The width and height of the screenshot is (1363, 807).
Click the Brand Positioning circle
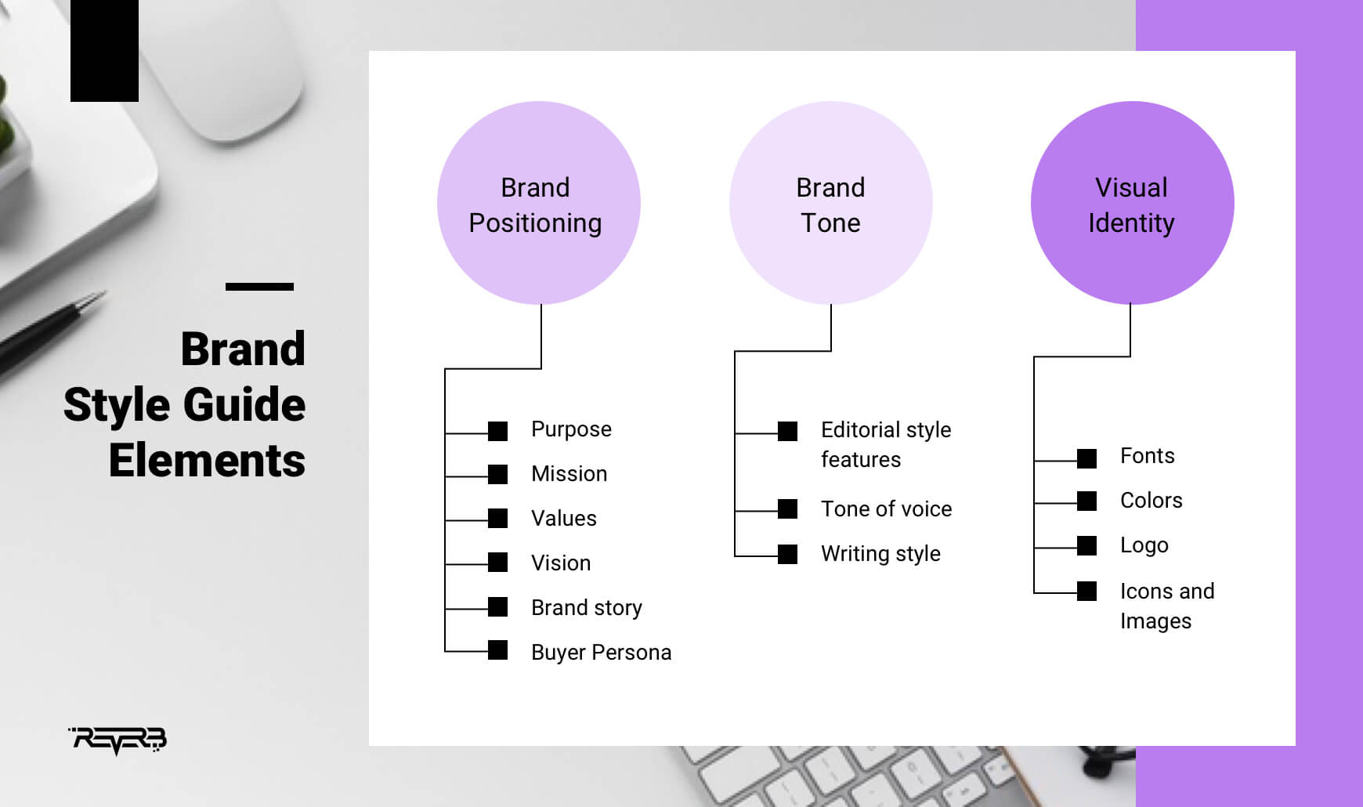pos(538,203)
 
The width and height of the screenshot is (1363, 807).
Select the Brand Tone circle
pos(830,203)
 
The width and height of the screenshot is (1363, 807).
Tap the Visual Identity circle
pos(1132,203)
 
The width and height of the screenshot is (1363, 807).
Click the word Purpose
pos(571,429)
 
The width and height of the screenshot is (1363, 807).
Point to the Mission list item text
pos(569,474)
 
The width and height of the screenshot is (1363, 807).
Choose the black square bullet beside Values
pos(497,519)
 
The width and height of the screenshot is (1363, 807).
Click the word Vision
pos(561,563)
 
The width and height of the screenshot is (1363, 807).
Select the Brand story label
pos(586,608)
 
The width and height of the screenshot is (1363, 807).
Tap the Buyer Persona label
pos(601,653)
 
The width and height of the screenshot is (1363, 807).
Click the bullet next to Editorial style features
pos(787,432)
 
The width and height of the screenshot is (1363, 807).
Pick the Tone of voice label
pos(886,509)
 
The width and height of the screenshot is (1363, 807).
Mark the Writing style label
pos(880,554)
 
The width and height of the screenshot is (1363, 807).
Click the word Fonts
pos(1147,456)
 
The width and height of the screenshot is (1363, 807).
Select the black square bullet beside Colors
pos(1086,501)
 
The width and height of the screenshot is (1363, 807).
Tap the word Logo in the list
pos(1144,545)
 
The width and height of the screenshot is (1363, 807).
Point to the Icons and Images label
pos(1166,606)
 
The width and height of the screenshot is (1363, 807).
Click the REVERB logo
pos(118,740)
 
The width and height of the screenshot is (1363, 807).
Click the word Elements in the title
pos(207,461)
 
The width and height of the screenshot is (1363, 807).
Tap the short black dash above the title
pos(259,287)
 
